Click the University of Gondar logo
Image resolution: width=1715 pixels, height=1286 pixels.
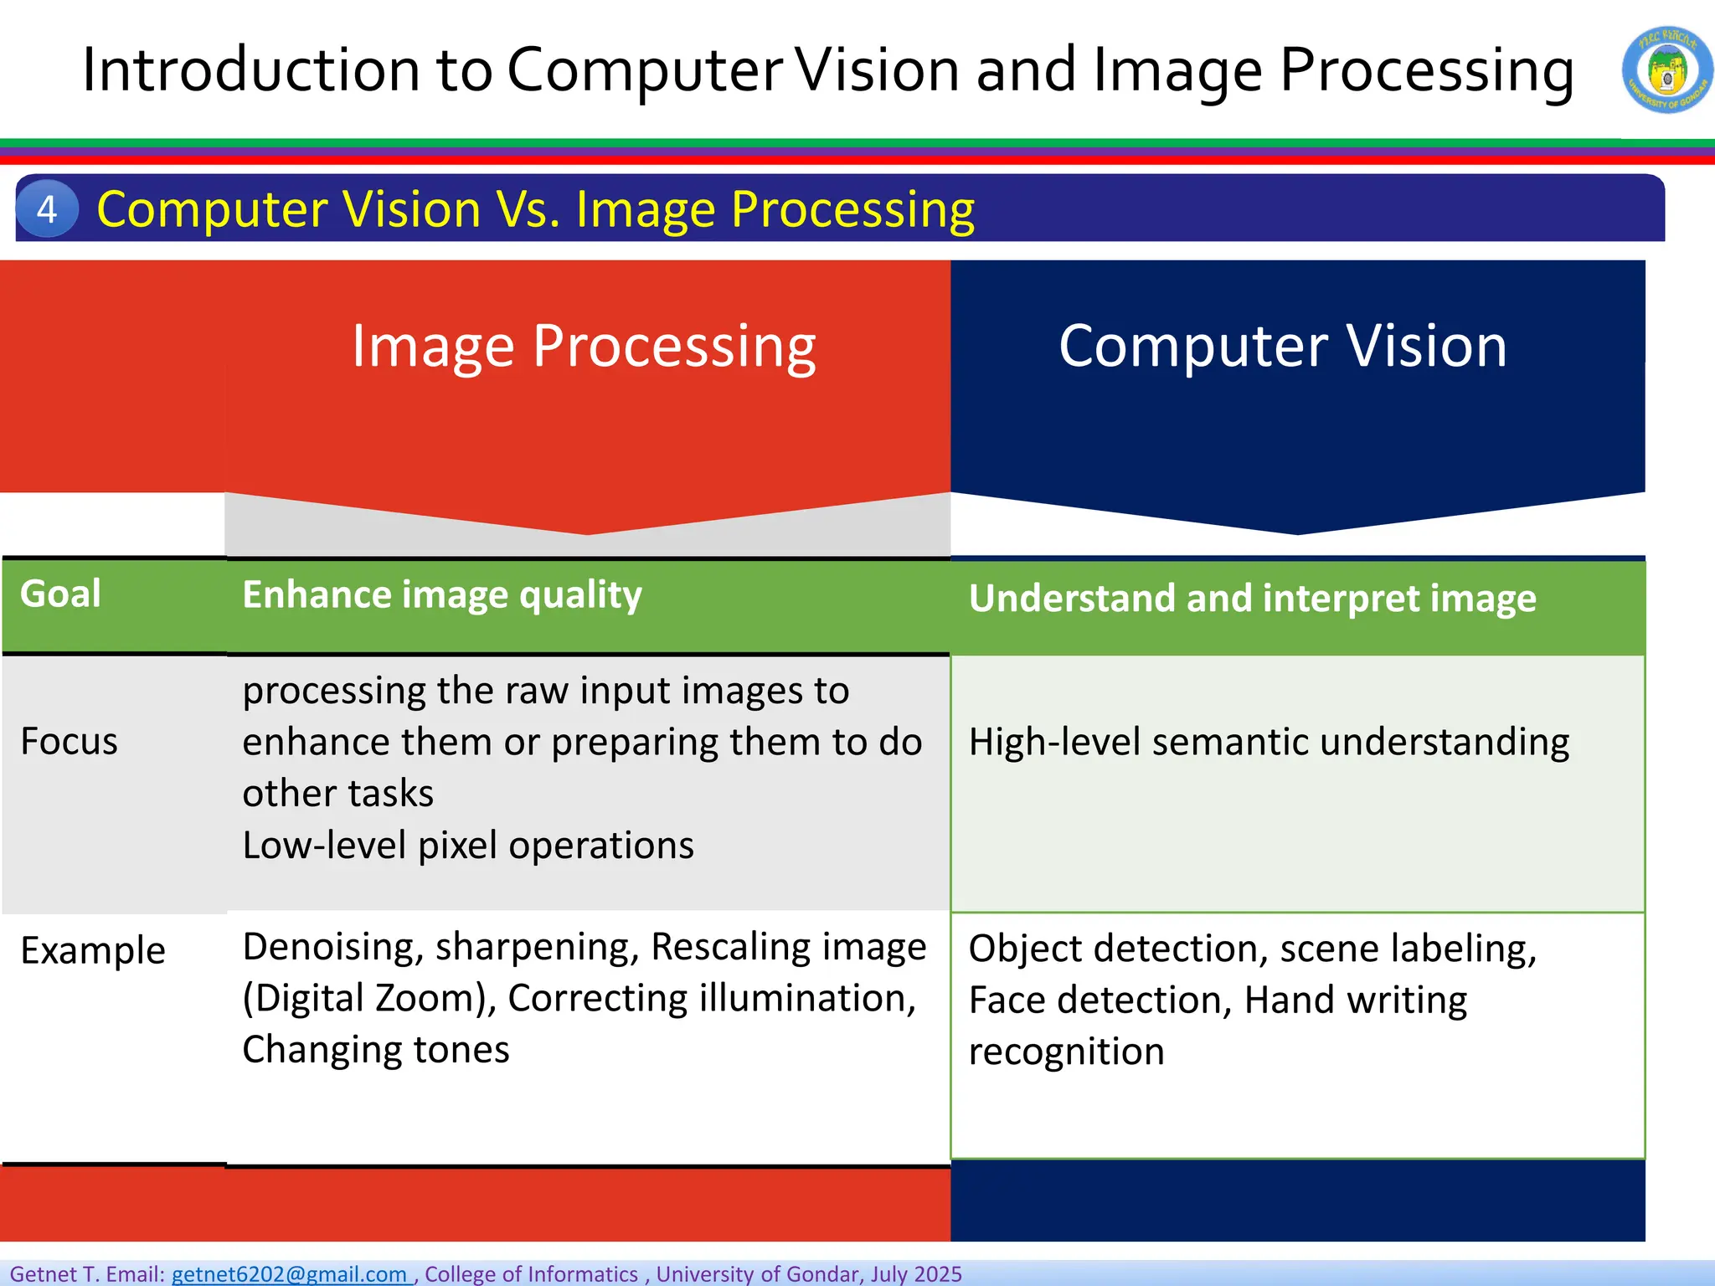pos(1666,70)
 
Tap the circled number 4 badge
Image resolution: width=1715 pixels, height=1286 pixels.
pos(47,208)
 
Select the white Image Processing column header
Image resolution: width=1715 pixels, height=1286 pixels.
pos(584,346)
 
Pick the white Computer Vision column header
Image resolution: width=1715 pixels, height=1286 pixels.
pos(1282,346)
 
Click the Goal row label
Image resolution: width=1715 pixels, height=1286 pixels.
pos(60,594)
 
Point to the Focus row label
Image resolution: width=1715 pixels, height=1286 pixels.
pos(69,742)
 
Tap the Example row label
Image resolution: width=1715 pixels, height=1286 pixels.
pos(93,951)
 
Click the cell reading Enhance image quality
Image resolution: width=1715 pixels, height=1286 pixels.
pos(442,595)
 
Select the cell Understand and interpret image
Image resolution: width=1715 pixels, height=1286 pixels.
pos(1252,599)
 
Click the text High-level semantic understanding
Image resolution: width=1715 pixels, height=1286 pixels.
pos(1269,743)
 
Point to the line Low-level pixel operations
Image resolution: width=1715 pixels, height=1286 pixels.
pos(468,846)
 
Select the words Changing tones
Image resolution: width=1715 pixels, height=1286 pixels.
pos(376,1050)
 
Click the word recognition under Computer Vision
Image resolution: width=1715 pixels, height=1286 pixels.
pos(1066,1052)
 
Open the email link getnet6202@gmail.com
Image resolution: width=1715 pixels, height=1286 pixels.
pos(289,1274)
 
